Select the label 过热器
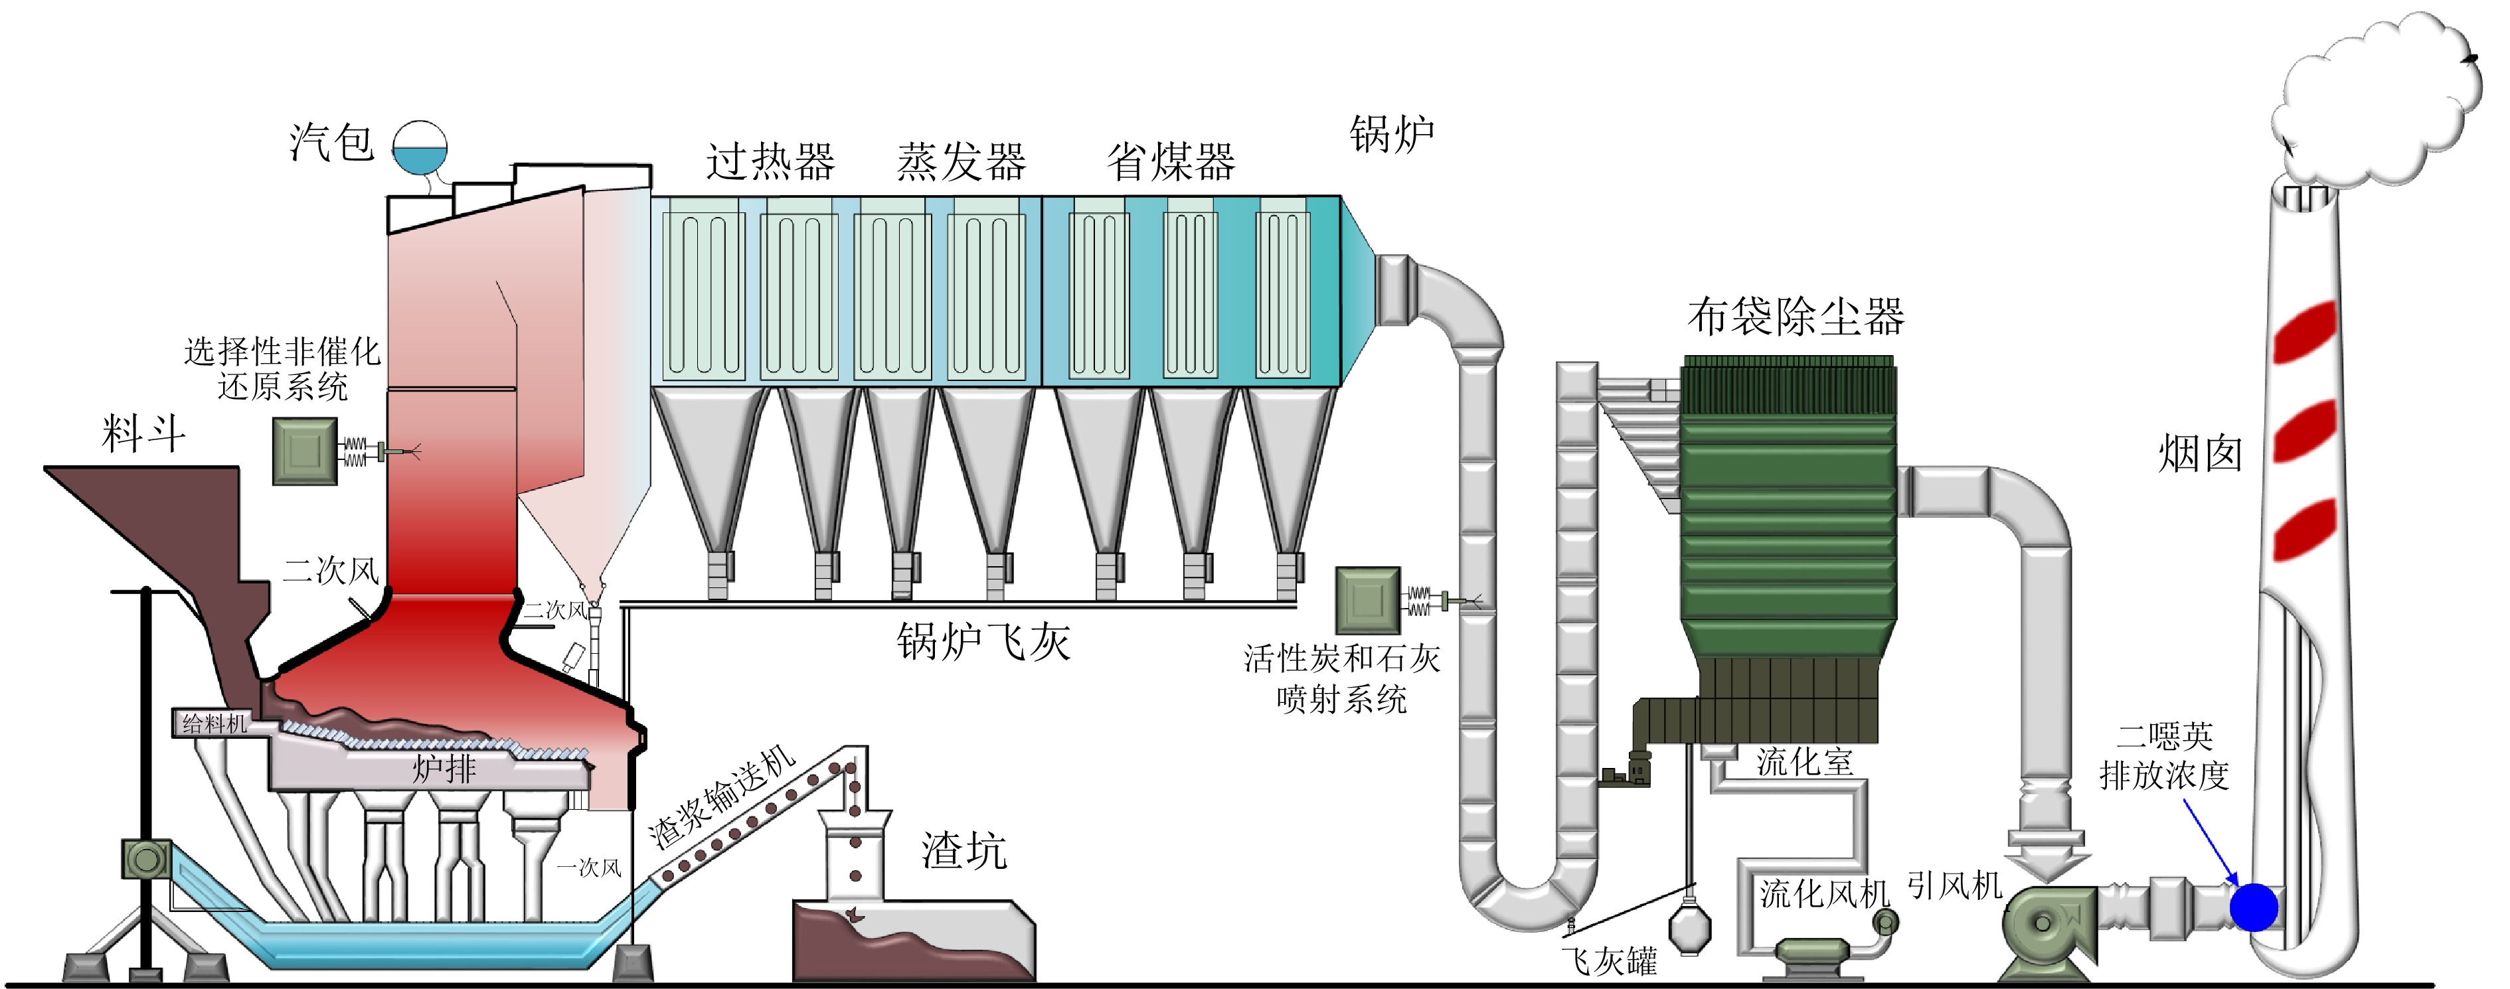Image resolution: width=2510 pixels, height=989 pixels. click(x=770, y=162)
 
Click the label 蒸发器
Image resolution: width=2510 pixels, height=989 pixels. click(x=961, y=162)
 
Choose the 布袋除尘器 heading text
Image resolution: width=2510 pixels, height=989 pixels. click(x=1795, y=317)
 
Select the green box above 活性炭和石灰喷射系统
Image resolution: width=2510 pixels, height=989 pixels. click(x=1367, y=600)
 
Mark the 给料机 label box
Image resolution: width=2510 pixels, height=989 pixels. click(x=214, y=723)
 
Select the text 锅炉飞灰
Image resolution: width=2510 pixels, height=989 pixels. click(x=983, y=641)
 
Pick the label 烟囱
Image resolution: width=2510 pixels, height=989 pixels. click(x=2199, y=454)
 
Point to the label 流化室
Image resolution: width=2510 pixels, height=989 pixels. click(x=1805, y=761)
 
